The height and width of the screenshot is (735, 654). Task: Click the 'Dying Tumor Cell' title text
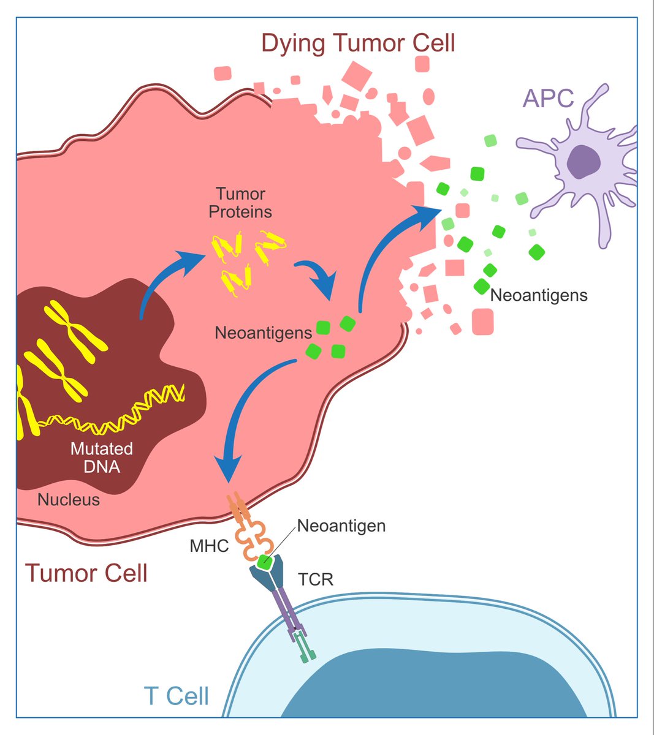(x=358, y=43)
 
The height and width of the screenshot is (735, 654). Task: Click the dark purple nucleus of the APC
(x=583, y=162)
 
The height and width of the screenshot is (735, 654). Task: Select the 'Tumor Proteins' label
(x=240, y=203)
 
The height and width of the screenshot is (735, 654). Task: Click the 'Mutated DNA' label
(x=102, y=458)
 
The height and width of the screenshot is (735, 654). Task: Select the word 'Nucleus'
(x=69, y=500)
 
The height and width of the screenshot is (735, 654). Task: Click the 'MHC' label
(x=209, y=545)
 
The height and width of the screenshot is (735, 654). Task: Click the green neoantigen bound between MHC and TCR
(x=265, y=561)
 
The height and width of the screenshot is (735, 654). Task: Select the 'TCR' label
(x=316, y=579)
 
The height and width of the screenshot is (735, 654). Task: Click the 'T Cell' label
(x=176, y=696)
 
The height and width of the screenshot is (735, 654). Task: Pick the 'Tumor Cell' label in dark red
(x=86, y=573)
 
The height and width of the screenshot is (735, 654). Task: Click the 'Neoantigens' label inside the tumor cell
(x=263, y=333)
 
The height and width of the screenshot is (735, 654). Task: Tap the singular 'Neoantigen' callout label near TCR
(x=341, y=526)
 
